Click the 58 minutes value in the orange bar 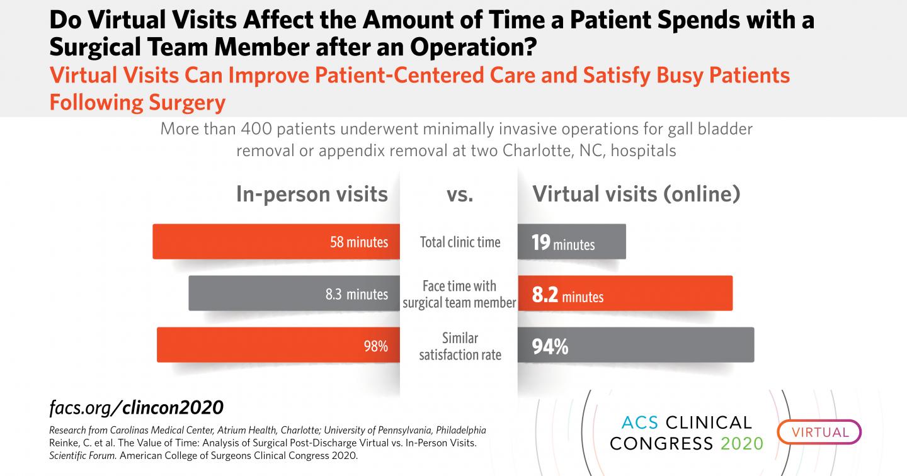pyautogui.click(x=359, y=242)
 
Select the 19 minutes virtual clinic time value pyautogui.click(x=562, y=242)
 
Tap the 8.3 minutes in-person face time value pyautogui.click(x=357, y=294)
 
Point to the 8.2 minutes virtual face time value pyautogui.click(x=568, y=295)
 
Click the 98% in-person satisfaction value pyautogui.click(x=375, y=346)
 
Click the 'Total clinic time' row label pyautogui.click(x=460, y=242)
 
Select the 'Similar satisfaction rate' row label pyautogui.click(x=460, y=347)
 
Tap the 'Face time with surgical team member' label pyautogui.click(x=459, y=294)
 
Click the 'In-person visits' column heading pyautogui.click(x=312, y=194)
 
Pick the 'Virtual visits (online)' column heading pyautogui.click(x=636, y=194)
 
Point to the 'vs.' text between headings pyautogui.click(x=460, y=195)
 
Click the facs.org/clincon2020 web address pyautogui.click(x=136, y=407)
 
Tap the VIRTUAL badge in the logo pyautogui.click(x=819, y=433)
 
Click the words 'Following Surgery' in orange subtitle pyautogui.click(x=137, y=101)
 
